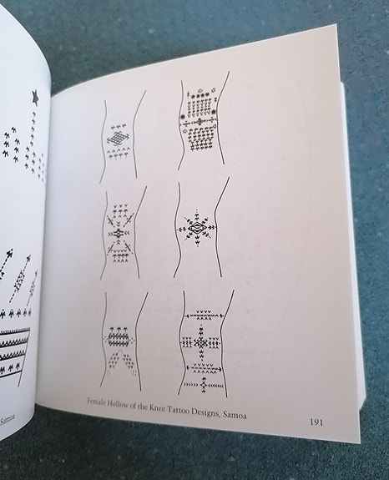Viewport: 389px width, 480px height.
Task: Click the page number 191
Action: pyautogui.click(x=316, y=422)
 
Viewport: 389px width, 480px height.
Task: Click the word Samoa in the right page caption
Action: pyautogui.click(x=235, y=414)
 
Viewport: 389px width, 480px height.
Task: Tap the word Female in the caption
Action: pyautogui.click(x=97, y=402)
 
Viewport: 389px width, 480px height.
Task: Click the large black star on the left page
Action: pyautogui.click(x=36, y=98)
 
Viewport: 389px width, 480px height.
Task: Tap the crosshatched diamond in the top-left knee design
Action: pyautogui.click(x=118, y=138)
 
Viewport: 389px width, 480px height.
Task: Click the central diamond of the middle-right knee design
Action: pyautogui.click(x=197, y=229)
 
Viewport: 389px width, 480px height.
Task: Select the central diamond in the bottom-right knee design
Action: pyautogui.click(x=201, y=342)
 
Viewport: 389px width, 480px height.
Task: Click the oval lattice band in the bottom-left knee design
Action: pyautogui.click(x=119, y=339)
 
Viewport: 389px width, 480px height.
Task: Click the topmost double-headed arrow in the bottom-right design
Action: pyautogui.click(x=204, y=315)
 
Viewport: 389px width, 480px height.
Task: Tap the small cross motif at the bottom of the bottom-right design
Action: pyautogui.click(x=204, y=385)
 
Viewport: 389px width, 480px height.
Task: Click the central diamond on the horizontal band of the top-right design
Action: pyautogui.click(x=200, y=122)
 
